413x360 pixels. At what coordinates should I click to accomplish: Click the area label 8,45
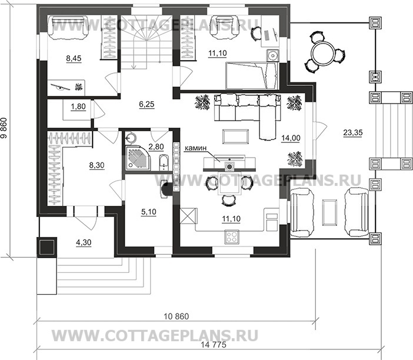[x=74, y=58]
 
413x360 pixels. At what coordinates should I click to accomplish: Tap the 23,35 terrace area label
[x=353, y=133]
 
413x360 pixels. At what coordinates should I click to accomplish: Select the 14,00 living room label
[x=291, y=138]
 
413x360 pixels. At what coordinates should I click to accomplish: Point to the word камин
[x=195, y=149]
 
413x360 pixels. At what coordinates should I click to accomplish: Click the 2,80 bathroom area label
[x=156, y=146]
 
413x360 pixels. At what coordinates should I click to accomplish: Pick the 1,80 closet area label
[x=78, y=106]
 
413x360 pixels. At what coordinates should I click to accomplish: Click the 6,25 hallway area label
[x=146, y=104]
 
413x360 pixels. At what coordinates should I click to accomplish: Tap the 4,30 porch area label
[x=84, y=242]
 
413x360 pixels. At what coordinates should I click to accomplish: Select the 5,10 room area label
[x=149, y=211]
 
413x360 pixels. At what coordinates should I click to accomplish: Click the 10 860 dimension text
[x=176, y=316]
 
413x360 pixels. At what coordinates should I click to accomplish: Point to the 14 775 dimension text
[x=214, y=345]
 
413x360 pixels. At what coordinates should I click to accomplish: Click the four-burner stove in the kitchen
[x=232, y=237]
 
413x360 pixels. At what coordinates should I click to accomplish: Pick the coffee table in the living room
[x=235, y=136]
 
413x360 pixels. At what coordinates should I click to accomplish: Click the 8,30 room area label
[x=97, y=165]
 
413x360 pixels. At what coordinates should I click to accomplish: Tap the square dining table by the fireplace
[x=229, y=184]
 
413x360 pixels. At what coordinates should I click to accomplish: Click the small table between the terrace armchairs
[x=329, y=212]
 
